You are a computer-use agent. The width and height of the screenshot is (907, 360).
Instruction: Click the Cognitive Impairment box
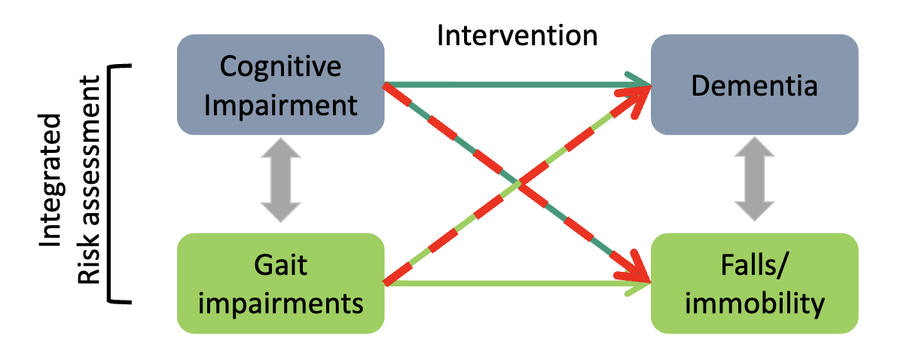[x=281, y=84]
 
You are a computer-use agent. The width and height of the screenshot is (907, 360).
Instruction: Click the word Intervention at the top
[x=518, y=35]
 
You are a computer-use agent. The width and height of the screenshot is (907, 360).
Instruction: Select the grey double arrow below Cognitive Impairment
[x=280, y=185]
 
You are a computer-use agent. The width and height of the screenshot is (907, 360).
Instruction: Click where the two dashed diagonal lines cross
[x=519, y=184]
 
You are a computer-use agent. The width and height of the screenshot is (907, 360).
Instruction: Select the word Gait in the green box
[x=280, y=267]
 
